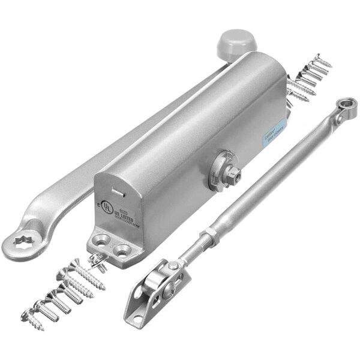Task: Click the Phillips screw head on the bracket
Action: click(172, 266)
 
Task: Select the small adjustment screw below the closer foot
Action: click(97, 259)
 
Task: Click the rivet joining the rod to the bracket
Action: click(172, 266)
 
